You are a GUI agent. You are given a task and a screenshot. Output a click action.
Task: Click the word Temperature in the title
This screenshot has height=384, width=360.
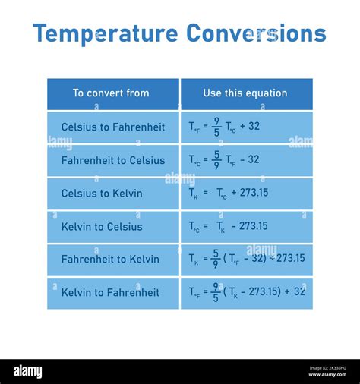[x=106, y=34]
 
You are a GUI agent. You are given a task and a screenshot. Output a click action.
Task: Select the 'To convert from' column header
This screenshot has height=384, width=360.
[x=111, y=93]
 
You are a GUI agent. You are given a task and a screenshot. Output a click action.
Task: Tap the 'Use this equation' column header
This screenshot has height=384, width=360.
[x=245, y=93]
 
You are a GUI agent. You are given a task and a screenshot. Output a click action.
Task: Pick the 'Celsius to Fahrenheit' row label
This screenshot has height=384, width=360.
[x=113, y=127]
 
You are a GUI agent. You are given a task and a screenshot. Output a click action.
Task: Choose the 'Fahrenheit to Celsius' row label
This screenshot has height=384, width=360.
[x=113, y=160]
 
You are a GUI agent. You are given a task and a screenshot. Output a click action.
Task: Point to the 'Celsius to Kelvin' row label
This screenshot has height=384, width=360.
[x=102, y=194]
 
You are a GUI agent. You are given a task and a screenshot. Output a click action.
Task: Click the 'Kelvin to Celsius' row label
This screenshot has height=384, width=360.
[x=102, y=227]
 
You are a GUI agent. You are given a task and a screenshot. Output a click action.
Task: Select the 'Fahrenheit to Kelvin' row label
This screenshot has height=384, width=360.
[x=110, y=260]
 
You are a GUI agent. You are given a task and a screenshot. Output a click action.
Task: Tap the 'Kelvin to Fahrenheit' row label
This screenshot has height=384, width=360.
[x=110, y=292]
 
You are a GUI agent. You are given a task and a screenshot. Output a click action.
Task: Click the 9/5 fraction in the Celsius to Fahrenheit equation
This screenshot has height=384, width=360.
[x=216, y=127]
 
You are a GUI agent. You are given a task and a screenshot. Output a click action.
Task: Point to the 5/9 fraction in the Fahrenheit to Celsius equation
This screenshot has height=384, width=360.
[x=216, y=160]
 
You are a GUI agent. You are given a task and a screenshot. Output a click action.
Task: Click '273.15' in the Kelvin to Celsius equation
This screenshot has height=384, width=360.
[x=253, y=226]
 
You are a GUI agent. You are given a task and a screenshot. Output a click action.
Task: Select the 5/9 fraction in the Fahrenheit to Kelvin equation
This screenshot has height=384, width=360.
[x=216, y=259]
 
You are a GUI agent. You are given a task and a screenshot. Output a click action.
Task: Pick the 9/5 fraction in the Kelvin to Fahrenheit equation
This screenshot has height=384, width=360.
[x=216, y=291]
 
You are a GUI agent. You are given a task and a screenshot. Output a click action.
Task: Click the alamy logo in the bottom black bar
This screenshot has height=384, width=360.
[x=27, y=372]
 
